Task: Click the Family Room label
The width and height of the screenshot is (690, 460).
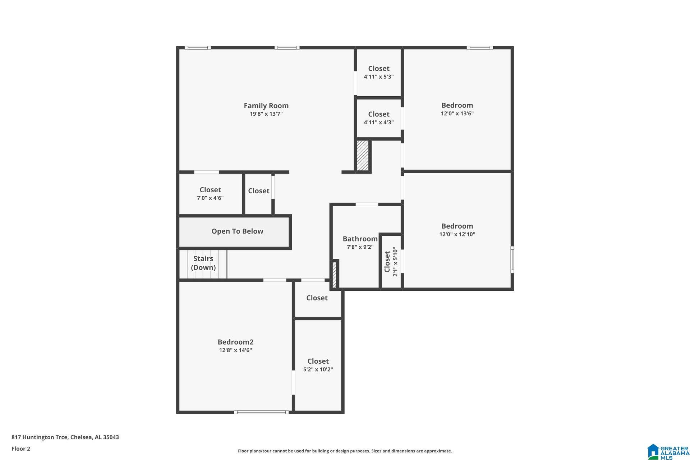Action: click(266, 106)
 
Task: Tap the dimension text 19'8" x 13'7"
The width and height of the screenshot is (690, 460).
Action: click(266, 114)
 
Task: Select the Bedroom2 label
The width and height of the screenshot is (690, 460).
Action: click(235, 342)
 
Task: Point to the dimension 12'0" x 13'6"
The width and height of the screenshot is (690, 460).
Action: click(457, 114)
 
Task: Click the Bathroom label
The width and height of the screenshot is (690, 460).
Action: click(360, 239)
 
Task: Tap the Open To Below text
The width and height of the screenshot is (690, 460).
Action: click(237, 231)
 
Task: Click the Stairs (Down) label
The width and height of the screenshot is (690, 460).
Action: click(203, 263)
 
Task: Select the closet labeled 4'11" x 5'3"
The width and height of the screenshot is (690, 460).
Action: click(378, 72)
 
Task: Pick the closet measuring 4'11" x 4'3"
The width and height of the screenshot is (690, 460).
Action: click(378, 118)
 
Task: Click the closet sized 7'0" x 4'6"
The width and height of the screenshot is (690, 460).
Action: click(210, 193)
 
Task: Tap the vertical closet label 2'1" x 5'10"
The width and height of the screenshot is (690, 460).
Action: click(391, 262)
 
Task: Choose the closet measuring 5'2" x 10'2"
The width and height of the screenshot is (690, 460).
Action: click(318, 365)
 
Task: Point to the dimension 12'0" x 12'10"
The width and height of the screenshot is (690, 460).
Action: click(457, 234)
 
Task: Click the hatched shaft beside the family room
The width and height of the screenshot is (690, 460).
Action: click(363, 155)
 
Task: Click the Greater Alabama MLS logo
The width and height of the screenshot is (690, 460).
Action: click(668, 452)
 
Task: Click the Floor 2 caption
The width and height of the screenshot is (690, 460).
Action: click(21, 448)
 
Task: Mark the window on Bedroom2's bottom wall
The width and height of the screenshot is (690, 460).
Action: click(261, 412)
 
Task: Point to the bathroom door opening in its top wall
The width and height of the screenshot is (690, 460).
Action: click(367, 204)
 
